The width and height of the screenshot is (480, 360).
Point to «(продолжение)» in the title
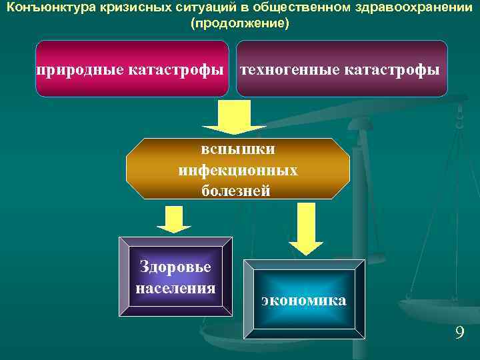click(x=240, y=23)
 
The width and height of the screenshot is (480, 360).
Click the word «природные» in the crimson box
click(x=81, y=69)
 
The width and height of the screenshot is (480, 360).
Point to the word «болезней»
click(x=237, y=191)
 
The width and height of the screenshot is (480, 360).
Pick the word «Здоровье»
click(x=175, y=267)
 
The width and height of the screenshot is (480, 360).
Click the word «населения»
click(x=175, y=288)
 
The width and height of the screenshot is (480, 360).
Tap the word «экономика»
click(x=304, y=300)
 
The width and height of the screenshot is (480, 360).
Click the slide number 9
click(x=459, y=333)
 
